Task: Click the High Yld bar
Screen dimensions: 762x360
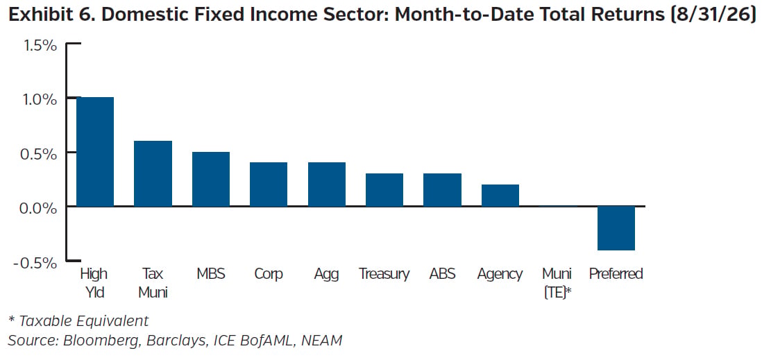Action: click(x=95, y=152)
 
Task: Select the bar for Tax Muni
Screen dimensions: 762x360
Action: click(x=153, y=173)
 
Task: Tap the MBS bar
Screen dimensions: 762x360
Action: click(x=211, y=179)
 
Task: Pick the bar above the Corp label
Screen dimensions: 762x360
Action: click(x=269, y=185)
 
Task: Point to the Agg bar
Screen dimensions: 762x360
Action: click(x=327, y=185)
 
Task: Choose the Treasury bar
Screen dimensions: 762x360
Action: click(x=384, y=190)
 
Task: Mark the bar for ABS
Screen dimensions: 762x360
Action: click(x=442, y=190)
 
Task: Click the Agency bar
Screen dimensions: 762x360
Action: click(x=500, y=196)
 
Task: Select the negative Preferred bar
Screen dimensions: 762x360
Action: click(x=616, y=228)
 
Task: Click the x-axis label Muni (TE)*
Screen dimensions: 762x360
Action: click(x=559, y=283)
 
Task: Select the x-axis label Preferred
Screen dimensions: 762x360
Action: click(x=616, y=274)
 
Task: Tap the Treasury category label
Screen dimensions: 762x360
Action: click(x=384, y=275)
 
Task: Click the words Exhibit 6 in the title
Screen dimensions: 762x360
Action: click(x=50, y=15)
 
